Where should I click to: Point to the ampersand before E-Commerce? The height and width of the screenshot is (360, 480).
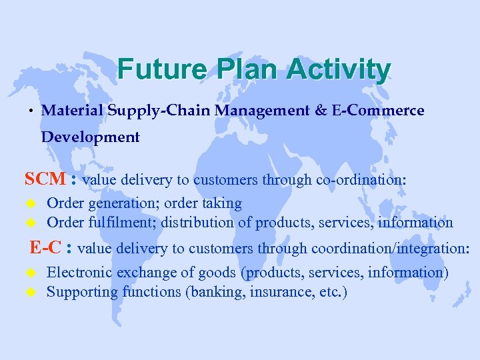point(320,110)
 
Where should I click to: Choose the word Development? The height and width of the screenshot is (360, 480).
point(91,137)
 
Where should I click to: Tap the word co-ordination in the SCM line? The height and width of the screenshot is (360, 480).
point(359,180)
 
